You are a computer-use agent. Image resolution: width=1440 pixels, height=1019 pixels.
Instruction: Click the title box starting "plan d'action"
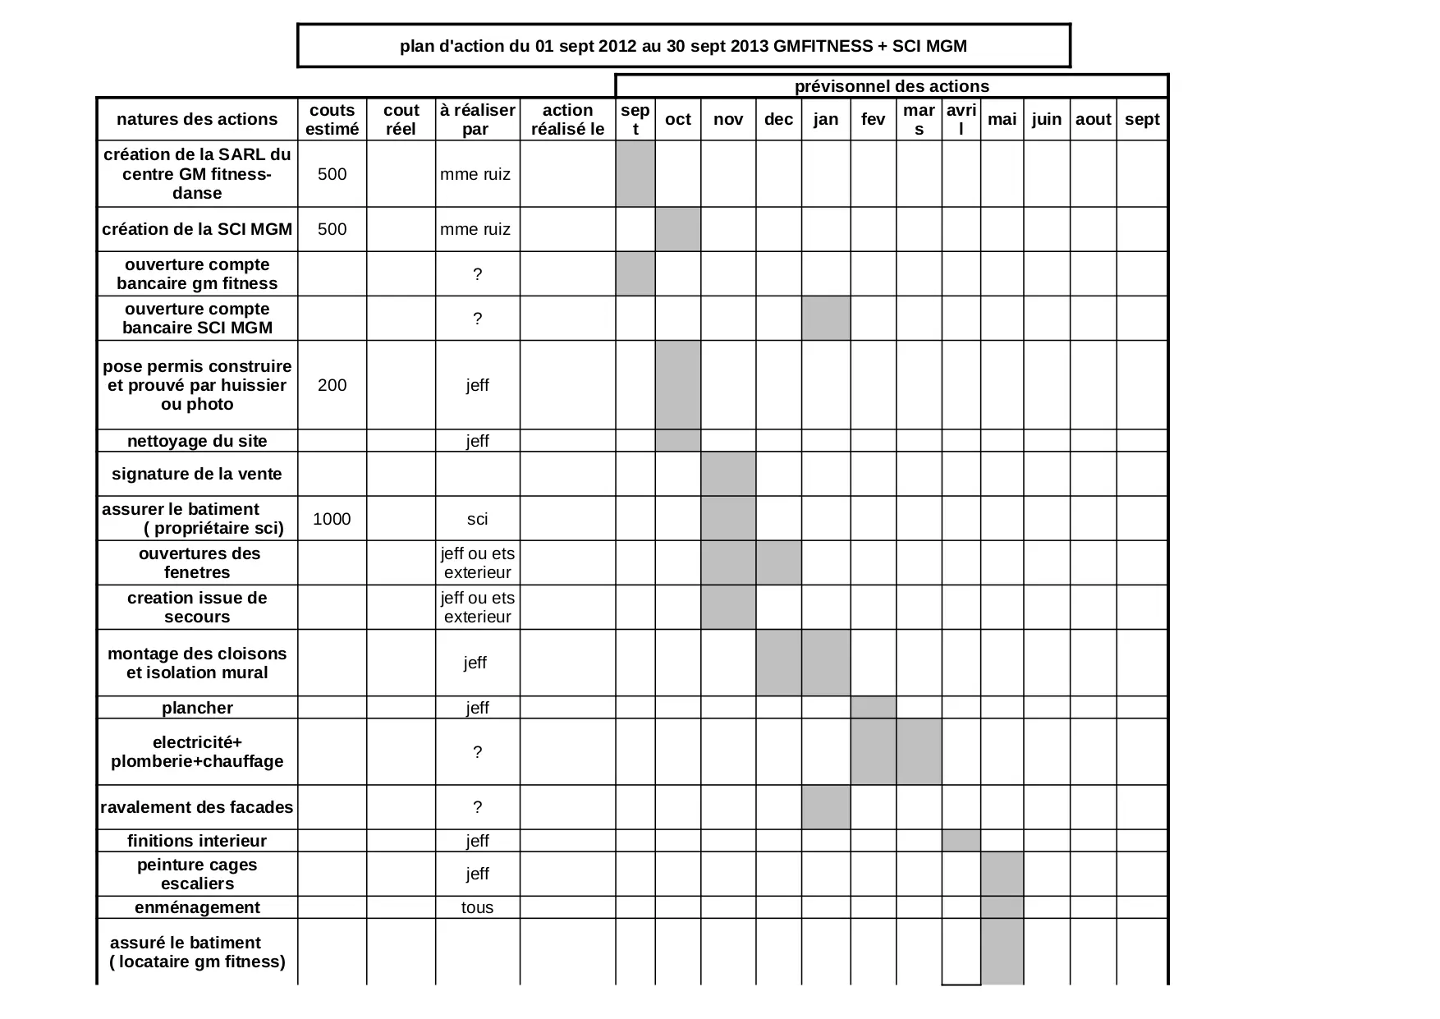[683, 46]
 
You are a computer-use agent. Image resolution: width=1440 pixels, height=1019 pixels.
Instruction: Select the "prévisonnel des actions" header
[892, 86]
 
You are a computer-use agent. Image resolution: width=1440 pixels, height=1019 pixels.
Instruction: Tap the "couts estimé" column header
[332, 120]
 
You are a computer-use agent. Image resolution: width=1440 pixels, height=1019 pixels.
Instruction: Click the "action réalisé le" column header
[567, 120]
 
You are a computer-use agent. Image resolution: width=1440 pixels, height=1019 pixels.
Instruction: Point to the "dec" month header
[778, 120]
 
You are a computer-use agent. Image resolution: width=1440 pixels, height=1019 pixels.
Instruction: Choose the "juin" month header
[1046, 120]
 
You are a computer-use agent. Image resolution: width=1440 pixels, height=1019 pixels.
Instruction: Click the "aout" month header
[1093, 120]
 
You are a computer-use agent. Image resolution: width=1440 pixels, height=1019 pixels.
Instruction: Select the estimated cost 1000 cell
[332, 519]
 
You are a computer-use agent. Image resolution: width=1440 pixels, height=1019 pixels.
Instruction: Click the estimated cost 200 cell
[332, 385]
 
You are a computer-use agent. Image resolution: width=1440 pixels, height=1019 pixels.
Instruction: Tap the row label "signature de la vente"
[197, 474]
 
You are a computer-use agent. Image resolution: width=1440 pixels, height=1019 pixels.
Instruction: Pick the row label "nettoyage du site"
[197, 441]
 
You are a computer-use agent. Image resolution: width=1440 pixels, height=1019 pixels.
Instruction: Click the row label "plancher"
[197, 708]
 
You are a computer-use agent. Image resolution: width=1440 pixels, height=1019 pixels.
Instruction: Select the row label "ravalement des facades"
[197, 807]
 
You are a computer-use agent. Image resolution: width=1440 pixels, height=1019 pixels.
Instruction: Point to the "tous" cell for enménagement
[477, 907]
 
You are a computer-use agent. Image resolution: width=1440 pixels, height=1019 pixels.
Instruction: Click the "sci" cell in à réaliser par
[477, 519]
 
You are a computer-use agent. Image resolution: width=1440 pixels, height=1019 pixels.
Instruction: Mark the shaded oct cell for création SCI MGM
[678, 229]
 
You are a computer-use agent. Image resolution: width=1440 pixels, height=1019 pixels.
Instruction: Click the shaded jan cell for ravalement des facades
[826, 807]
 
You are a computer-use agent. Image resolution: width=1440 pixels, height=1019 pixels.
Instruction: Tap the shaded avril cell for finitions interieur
[961, 841]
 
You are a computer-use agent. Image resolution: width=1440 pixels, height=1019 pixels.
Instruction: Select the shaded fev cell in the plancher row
[874, 708]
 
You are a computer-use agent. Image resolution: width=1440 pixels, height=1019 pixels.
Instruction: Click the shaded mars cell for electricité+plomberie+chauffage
[919, 752]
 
